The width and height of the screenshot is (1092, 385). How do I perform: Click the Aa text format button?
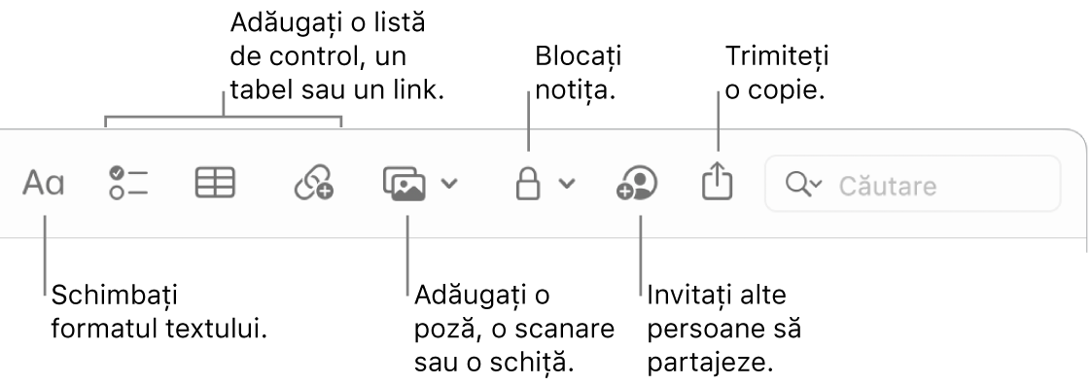[44, 183]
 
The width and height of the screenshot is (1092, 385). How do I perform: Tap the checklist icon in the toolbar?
[127, 183]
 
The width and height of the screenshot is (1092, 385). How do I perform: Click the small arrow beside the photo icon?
[449, 183]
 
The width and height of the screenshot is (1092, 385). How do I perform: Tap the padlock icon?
[528, 183]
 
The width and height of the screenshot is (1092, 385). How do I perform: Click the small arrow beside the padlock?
[567, 184]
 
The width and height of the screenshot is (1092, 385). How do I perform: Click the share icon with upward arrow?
[715, 182]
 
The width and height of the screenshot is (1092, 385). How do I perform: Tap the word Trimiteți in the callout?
[777, 57]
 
